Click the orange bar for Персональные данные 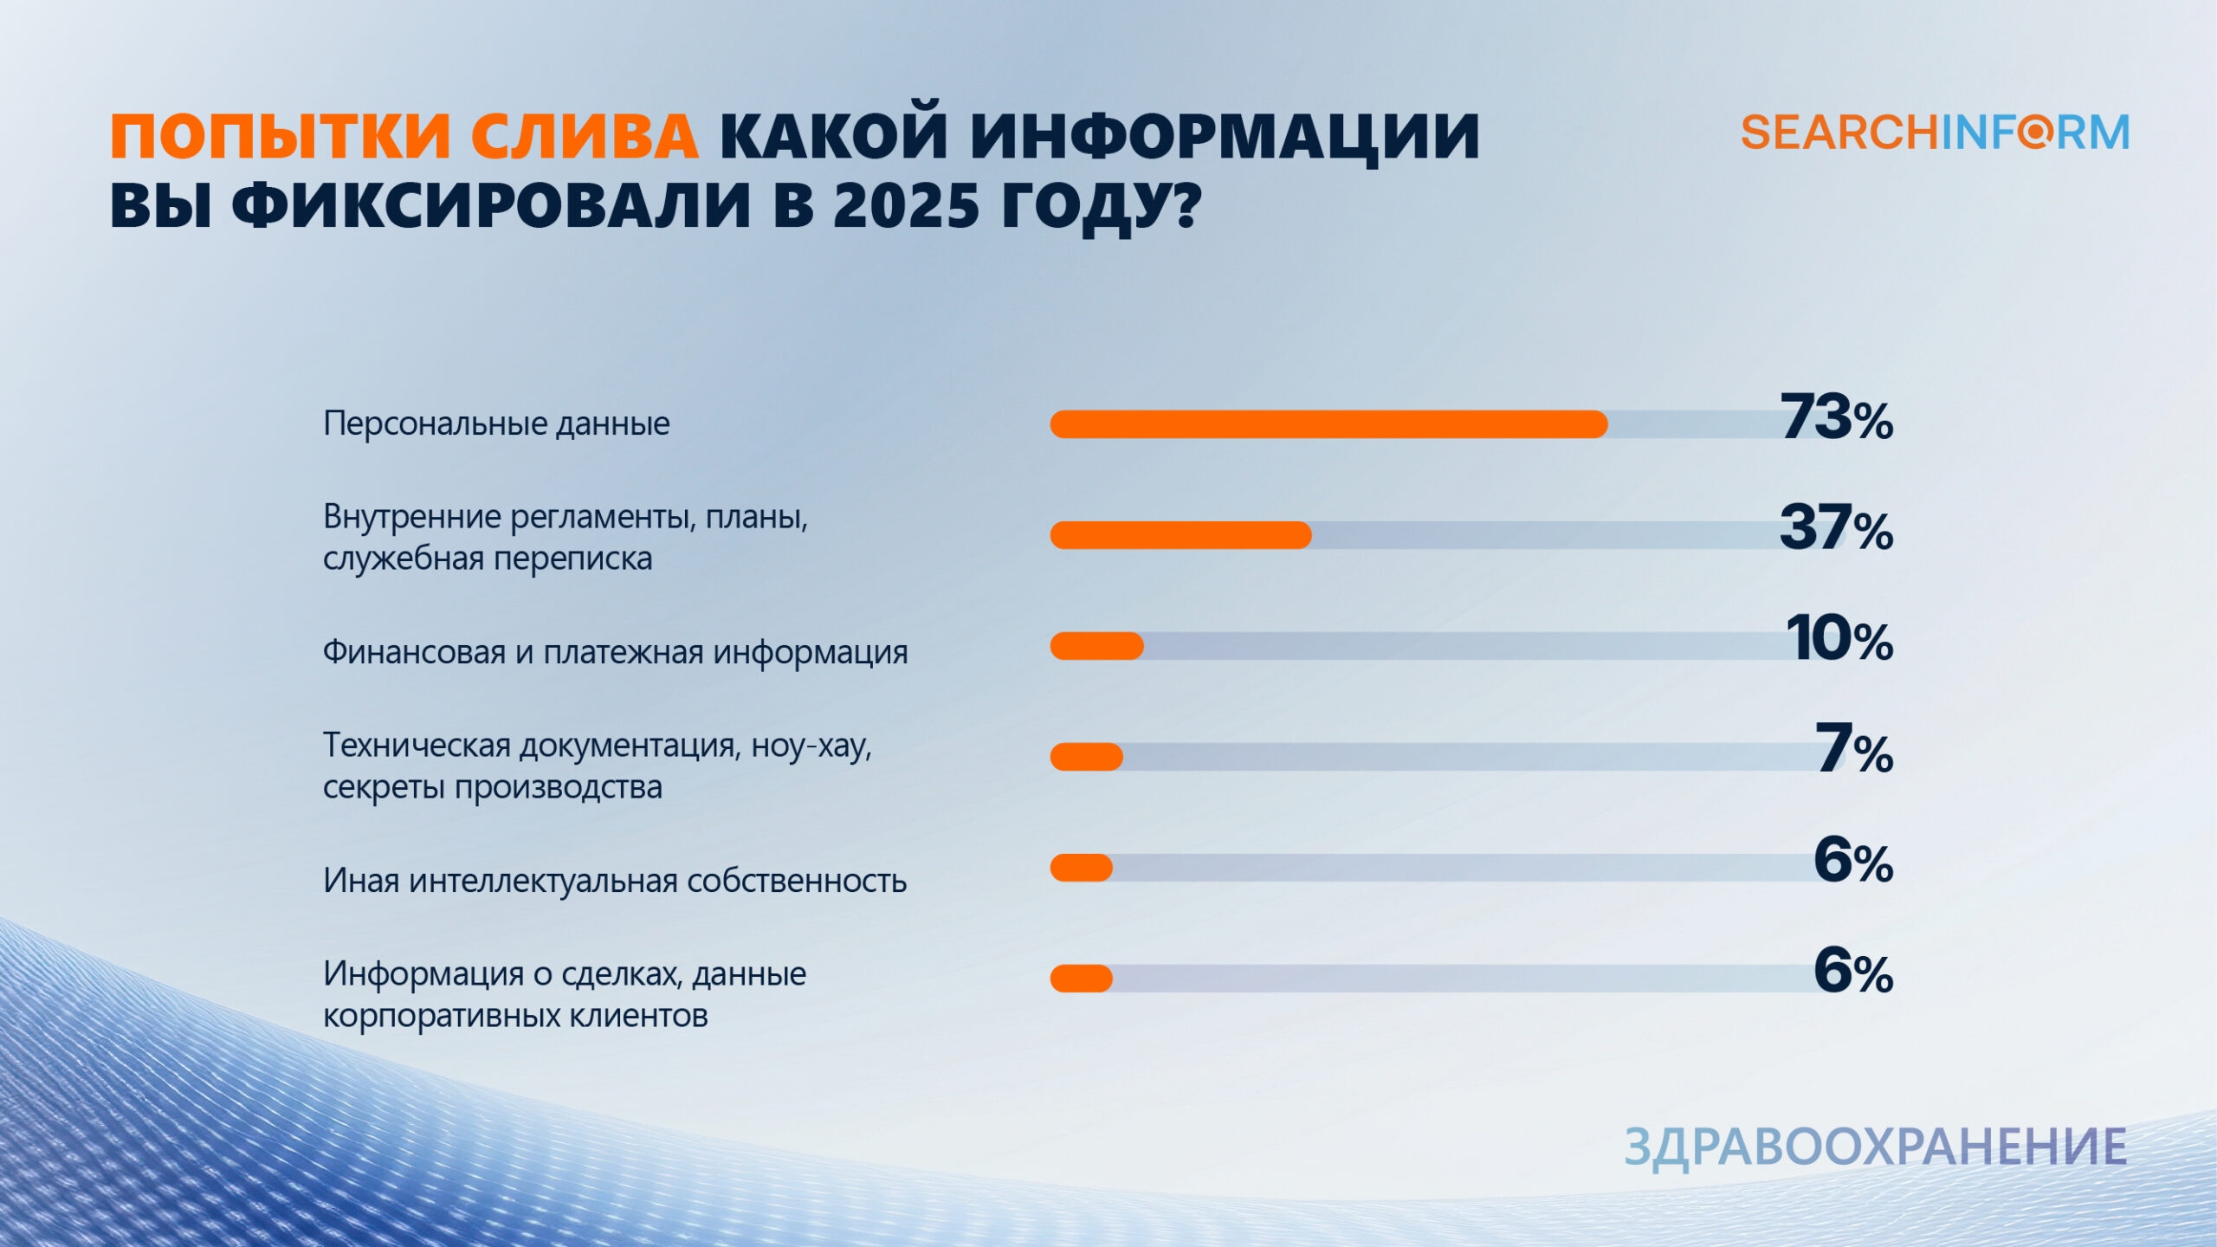tap(1328, 424)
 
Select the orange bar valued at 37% tap(1180, 535)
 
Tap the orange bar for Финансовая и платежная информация tap(1096, 646)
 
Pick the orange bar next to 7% tap(1086, 757)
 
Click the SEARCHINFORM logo tap(1935, 132)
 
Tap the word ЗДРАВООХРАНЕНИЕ tap(1876, 1147)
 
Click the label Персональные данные tap(496, 423)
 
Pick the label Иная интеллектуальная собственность tap(615, 881)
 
